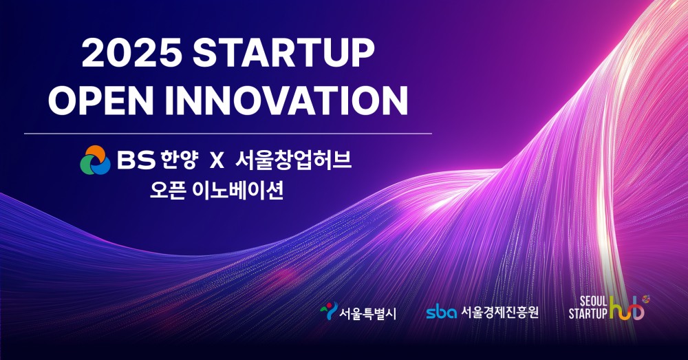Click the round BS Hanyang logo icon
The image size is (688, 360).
coord(95,160)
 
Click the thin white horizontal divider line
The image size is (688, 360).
coord(228,133)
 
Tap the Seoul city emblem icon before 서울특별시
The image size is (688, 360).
coord(329,312)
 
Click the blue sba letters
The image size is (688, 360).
coord(441,313)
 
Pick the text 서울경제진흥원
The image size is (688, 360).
coord(499,313)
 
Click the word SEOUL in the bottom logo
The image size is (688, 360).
coord(583,304)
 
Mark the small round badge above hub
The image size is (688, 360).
coord(645,299)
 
